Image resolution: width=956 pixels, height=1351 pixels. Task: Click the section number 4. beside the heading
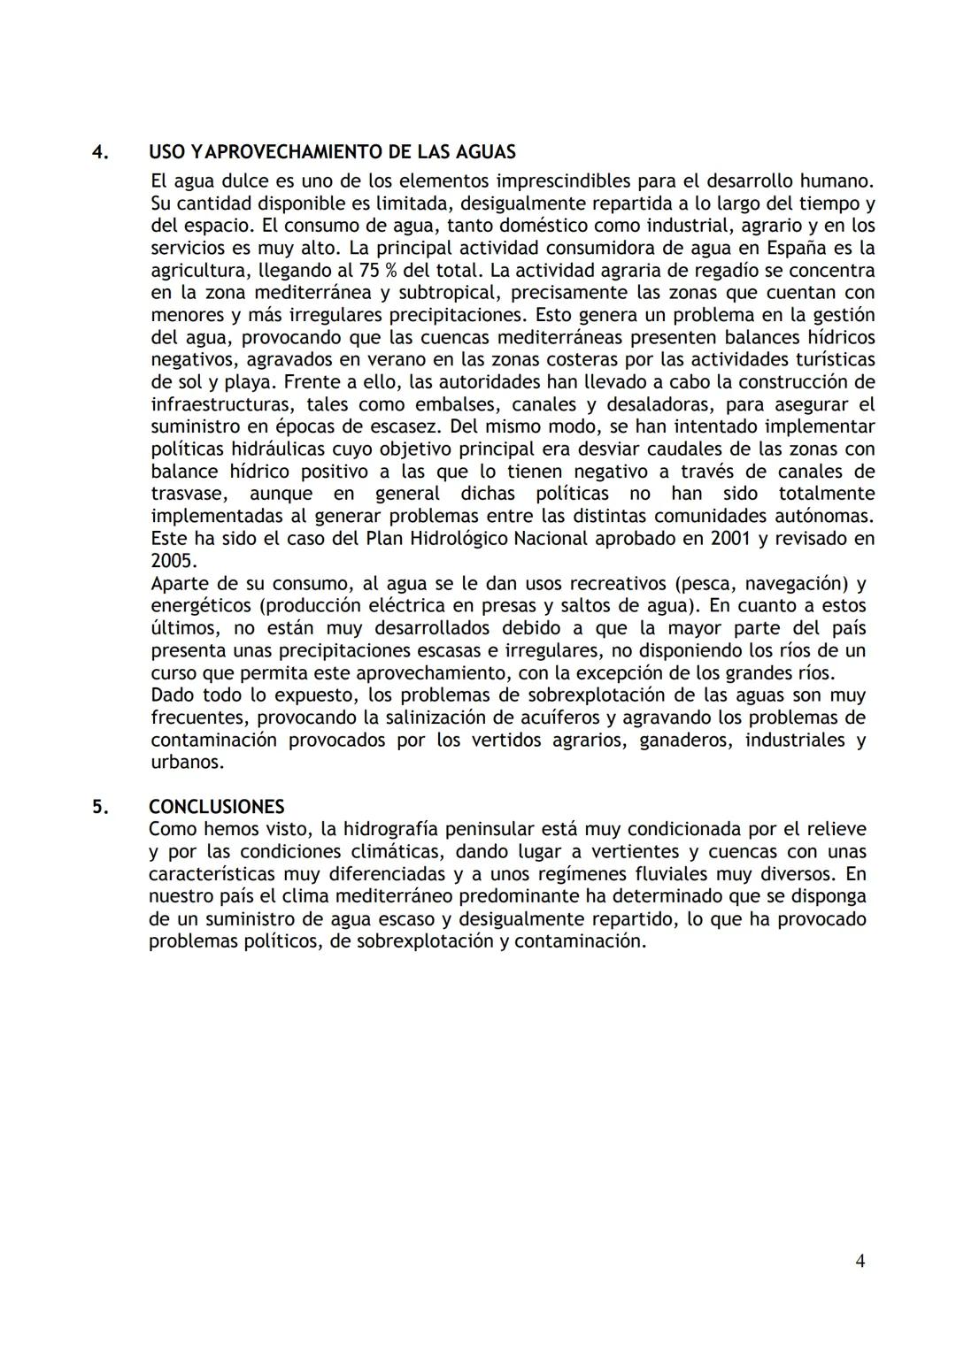[x=100, y=152]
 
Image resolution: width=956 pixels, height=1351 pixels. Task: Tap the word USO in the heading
[x=167, y=152]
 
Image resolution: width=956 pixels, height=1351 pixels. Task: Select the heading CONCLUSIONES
[x=217, y=807]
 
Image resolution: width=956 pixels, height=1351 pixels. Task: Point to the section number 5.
[x=100, y=807]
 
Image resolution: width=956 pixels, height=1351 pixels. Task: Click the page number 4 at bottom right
[x=860, y=1262]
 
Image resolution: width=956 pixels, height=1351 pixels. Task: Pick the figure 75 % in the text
[x=378, y=271]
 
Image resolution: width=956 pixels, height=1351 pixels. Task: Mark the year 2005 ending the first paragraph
[x=172, y=561]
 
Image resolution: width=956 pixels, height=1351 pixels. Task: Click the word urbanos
[x=185, y=762]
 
